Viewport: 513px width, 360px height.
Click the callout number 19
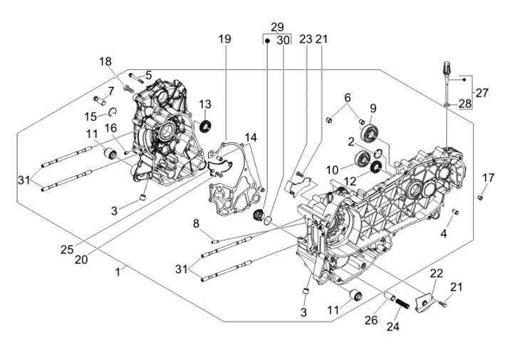pyautogui.click(x=225, y=39)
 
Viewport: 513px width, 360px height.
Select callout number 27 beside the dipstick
pyautogui.click(x=482, y=92)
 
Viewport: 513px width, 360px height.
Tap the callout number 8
pyautogui.click(x=196, y=225)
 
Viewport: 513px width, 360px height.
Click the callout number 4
pyautogui.click(x=444, y=233)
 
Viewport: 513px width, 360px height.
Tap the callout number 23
pyautogui.click(x=306, y=39)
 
